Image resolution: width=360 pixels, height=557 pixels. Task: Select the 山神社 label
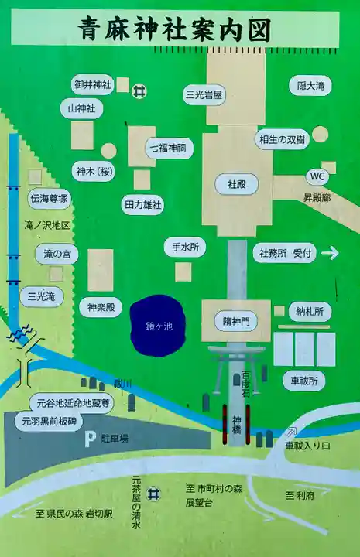click(x=81, y=108)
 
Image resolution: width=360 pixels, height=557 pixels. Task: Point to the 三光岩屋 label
click(x=204, y=94)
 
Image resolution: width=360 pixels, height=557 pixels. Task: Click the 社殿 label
click(x=237, y=186)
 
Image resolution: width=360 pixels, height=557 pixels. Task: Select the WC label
click(x=317, y=176)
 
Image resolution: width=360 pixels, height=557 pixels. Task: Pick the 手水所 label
click(x=185, y=248)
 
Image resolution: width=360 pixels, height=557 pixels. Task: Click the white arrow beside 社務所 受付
click(x=330, y=252)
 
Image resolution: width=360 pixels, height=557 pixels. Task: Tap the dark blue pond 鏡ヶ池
click(x=159, y=326)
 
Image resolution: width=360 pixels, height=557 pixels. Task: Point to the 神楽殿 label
click(x=101, y=308)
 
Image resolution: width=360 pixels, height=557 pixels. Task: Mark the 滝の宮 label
click(x=57, y=253)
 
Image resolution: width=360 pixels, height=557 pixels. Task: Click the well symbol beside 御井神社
click(x=139, y=91)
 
